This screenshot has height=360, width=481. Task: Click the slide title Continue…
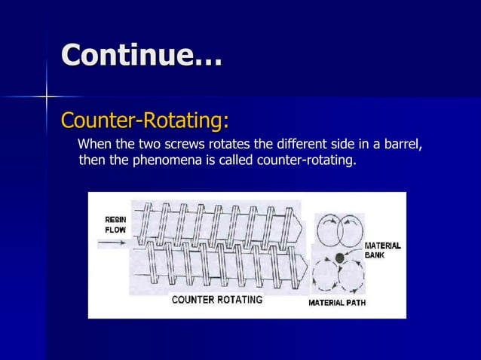tap(142, 56)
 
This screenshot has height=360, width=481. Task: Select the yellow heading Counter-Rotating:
tap(145, 121)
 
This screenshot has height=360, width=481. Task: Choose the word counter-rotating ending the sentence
tap(306, 160)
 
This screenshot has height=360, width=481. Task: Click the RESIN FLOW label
tap(115, 224)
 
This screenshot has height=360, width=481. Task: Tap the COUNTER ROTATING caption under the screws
tap(217, 300)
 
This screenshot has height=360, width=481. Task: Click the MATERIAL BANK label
tap(382, 251)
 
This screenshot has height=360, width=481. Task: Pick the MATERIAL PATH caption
tap(336, 303)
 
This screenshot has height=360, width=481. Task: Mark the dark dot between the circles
tap(339, 258)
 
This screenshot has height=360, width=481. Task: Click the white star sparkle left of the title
tap(47, 96)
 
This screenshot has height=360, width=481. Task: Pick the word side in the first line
tap(335, 145)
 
